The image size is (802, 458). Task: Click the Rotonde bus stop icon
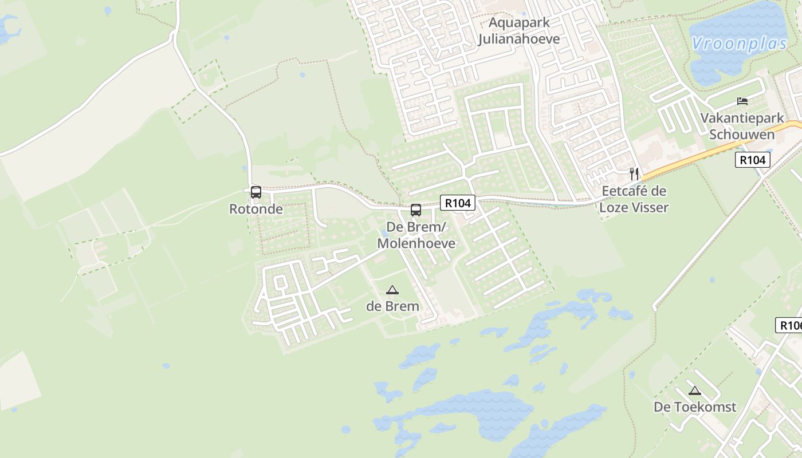click(256, 192)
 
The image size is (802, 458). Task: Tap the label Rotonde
click(256, 209)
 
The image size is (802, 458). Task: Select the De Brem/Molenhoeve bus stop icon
click(416, 210)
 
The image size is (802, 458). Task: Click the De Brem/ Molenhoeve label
click(416, 235)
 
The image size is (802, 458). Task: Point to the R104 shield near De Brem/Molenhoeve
click(458, 203)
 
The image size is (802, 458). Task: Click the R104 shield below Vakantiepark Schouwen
click(752, 160)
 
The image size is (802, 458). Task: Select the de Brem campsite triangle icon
click(392, 290)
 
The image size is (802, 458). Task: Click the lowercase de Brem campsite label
click(392, 306)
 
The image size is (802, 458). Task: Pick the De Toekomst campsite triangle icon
click(695, 391)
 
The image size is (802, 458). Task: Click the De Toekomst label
click(695, 407)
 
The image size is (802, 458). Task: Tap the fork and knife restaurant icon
click(634, 173)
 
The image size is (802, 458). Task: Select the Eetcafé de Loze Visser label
click(634, 199)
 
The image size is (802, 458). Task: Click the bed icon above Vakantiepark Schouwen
click(742, 102)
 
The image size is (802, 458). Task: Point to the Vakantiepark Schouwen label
click(742, 127)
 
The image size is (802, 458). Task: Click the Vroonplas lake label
click(739, 44)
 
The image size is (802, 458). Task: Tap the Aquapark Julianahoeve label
click(519, 31)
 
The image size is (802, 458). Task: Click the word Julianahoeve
click(519, 40)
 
